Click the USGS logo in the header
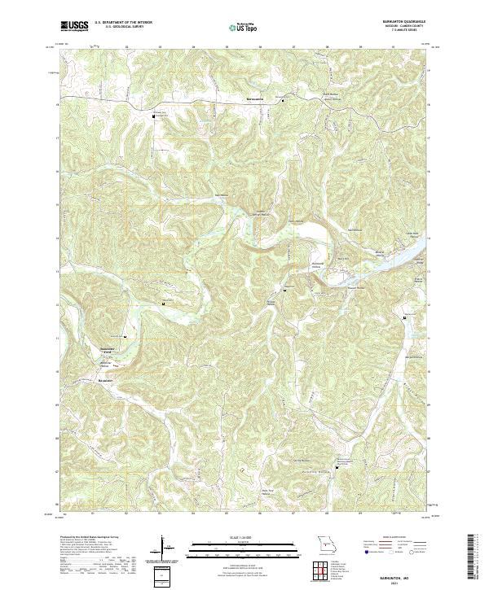pyautogui.click(x=74, y=26)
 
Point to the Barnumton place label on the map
pyautogui.click(x=257, y=100)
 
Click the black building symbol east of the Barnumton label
pyautogui.click(x=283, y=102)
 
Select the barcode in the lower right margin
pyautogui.click(x=473, y=557)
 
